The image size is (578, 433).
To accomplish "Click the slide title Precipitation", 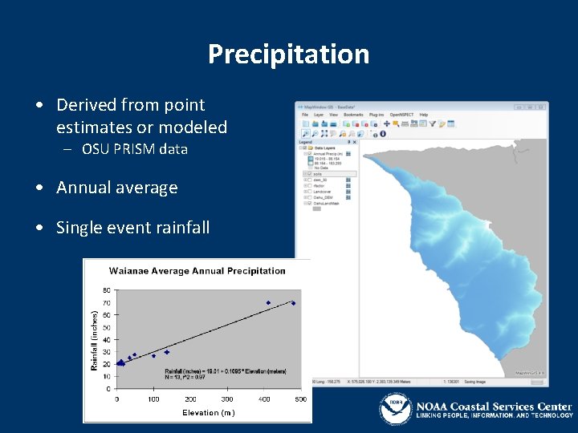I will pyautogui.click(x=288, y=55).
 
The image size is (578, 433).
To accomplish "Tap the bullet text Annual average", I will pyautogui.click(x=116, y=188).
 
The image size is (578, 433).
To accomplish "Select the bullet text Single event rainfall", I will pyautogui.click(x=132, y=228).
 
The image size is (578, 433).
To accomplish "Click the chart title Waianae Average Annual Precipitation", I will pyautogui.click(x=197, y=271).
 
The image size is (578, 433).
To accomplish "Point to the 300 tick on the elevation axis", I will pyautogui.click(x=227, y=399).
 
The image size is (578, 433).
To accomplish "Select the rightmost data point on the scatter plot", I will pyautogui.click(x=294, y=303).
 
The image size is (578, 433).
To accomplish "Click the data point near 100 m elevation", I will pyautogui.click(x=153, y=356).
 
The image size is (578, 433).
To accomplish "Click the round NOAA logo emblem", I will pyautogui.click(x=395, y=408).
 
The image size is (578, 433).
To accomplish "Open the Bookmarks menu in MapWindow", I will pyautogui.click(x=353, y=115).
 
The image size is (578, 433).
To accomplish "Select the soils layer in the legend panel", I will pyautogui.click(x=318, y=173).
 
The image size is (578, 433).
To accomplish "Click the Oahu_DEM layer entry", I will pyautogui.click(x=323, y=198).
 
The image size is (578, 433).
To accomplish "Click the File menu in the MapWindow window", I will pyautogui.click(x=305, y=115).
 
